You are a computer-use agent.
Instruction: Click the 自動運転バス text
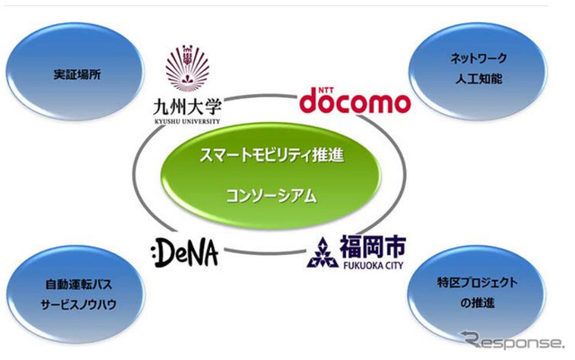point(76,285)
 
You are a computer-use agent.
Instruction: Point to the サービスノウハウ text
point(76,305)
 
